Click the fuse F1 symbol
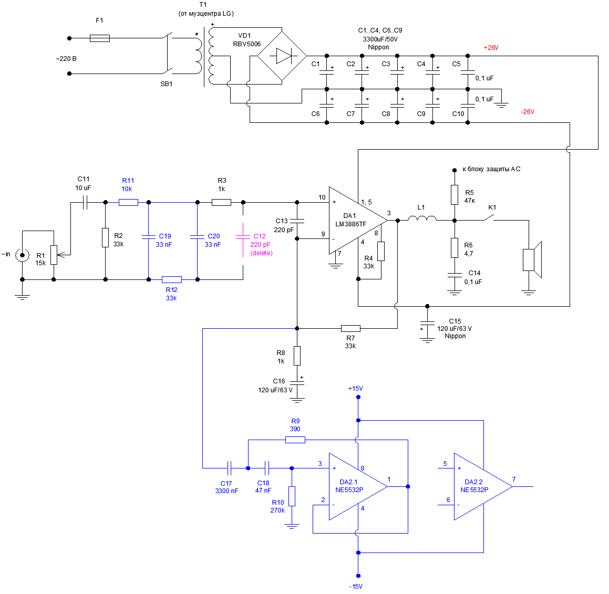pyautogui.click(x=100, y=38)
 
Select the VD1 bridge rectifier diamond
pyautogui.click(x=282, y=56)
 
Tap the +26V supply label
pyautogui.click(x=491, y=48)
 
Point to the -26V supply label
pyautogui.click(x=527, y=112)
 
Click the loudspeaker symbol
pyautogui.click(x=531, y=259)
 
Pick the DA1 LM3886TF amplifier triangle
pyautogui.click(x=355, y=221)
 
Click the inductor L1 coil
pyautogui.click(x=422, y=219)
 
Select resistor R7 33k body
pyautogui.click(x=350, y=328)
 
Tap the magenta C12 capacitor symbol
pyautogui.click(x=243, y=237)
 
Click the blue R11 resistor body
pyautogui.click(x=128, y=202)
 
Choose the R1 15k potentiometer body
pyautogui.click(x=54, y=255)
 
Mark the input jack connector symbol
pyautogui.click(x=22, y=255)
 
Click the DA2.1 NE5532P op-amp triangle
pyautogui.click(x=355, y=486)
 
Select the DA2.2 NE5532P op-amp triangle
pyautogui.click(x=480, y=486)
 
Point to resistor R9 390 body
pyautogui.click(x=295, y=440)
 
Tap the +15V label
pyautogui.click(x=356, y=389)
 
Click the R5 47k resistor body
pyautogui.click(x=455, y=194)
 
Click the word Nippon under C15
pyautogui.click(x=455, y=336)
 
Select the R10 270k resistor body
pyautogui.click(x=292, y=496)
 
